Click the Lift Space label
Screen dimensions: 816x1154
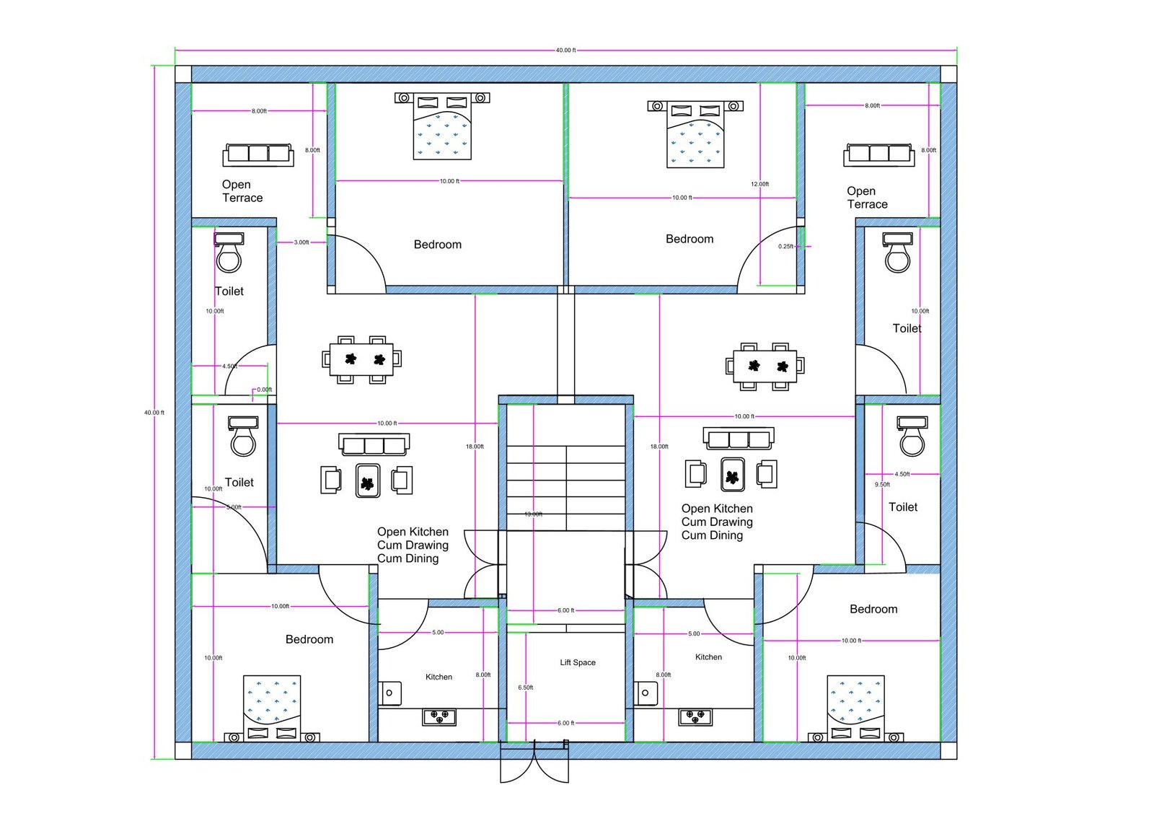pos(578,662)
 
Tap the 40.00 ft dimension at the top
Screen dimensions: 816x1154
pos(565,51)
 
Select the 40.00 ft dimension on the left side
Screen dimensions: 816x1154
pos(154,413)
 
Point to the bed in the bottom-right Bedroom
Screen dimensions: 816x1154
pos(855,708)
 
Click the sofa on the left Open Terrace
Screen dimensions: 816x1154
pos(258,154)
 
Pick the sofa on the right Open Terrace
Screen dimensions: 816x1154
pos(878,154)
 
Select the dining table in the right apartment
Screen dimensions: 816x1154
pos(765,367)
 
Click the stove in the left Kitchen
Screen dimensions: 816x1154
pos(439,716)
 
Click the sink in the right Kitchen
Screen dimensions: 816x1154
pos(645,693)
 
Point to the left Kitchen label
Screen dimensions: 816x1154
pos(439,677)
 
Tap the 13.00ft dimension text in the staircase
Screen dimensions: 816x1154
pos(533,514)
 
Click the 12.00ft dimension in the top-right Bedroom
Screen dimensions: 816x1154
pos(759,184)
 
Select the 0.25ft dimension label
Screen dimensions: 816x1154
pos(785,247)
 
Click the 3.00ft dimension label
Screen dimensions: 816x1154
pos(301,242)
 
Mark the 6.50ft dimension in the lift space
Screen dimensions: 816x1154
pos(525,688)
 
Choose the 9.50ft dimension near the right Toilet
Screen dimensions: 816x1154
pos(882,485)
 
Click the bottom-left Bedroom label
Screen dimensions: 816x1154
pos(309,639)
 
